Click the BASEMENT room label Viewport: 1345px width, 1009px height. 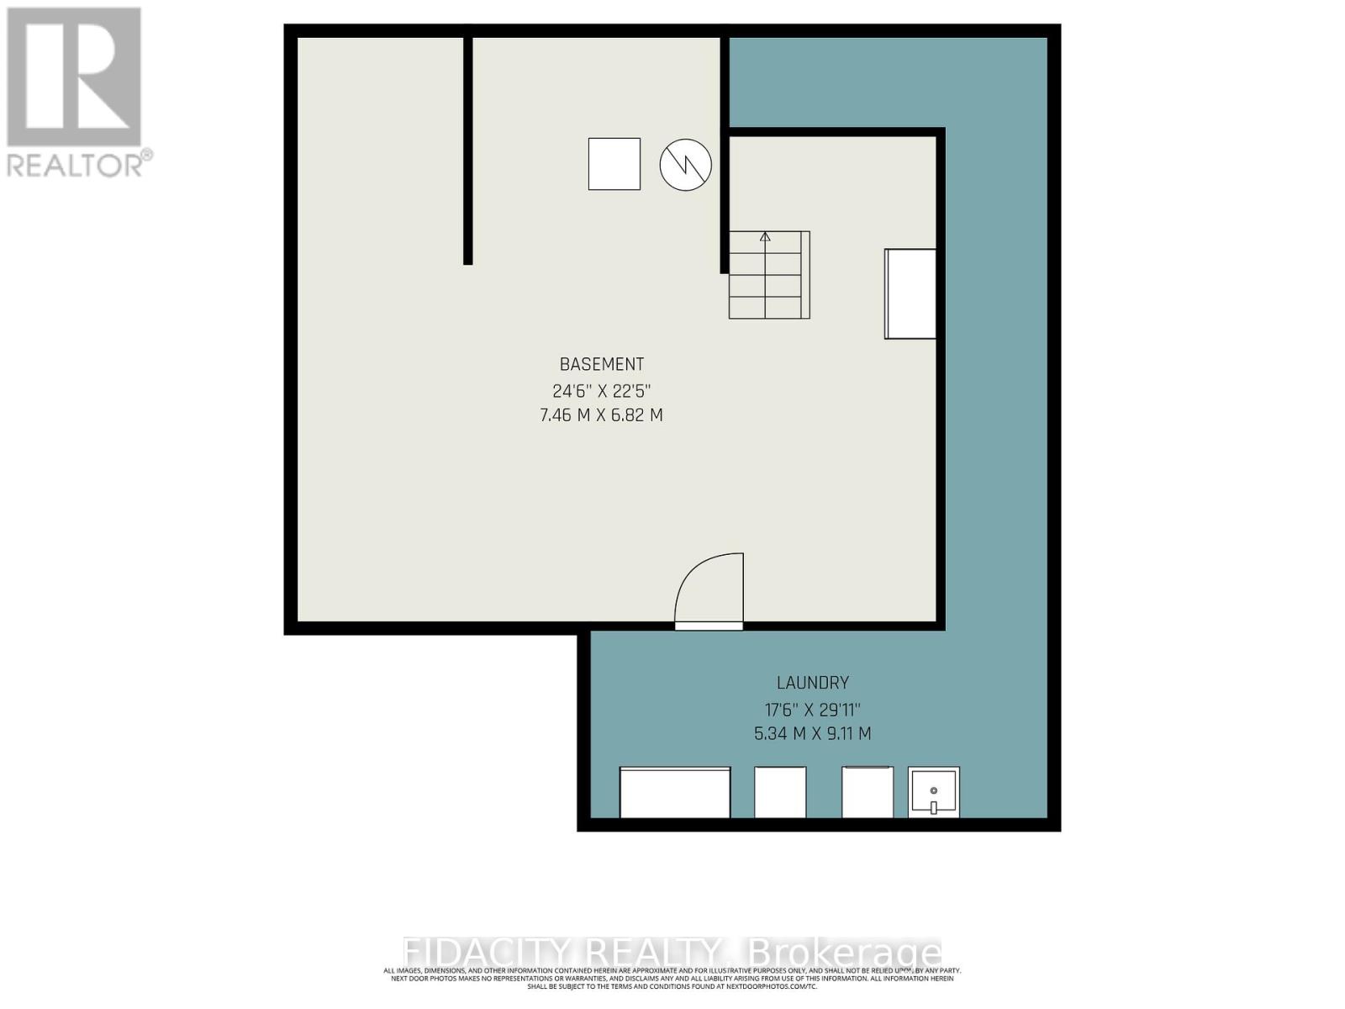(x=602, y=364)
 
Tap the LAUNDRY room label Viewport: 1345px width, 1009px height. (x=812, y=683)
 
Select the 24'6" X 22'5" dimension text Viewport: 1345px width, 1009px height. (x=602, y=391)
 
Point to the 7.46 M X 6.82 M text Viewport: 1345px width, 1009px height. (x=602, y=415)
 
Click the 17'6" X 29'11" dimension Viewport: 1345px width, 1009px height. (x=812, y=709)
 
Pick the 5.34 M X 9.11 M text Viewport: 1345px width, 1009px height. (x=812, y=733)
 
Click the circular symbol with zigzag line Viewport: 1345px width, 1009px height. (x=686, y=165)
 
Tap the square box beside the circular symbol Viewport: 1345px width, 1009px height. (x=614, y=164)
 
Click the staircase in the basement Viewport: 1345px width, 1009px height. (x=769, y=276)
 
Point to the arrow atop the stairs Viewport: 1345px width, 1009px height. (x=765, y=237)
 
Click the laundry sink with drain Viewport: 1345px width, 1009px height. (x=934, y=792)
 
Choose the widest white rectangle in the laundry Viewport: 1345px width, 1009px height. (x=675, y=792)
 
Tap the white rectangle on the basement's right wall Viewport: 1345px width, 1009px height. (x=910, y=294)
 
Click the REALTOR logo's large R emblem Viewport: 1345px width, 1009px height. (x=74, y=77)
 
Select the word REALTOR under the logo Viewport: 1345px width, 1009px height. (x=76, y=164)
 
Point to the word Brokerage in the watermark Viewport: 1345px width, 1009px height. (x=844, y=953)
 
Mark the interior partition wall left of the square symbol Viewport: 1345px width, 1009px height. (x=467, y=151)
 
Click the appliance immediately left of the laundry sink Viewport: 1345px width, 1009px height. (x=867, y=792)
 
